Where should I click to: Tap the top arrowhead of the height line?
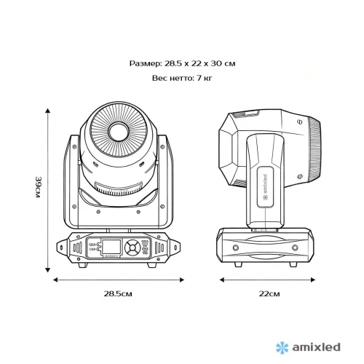tap(49, 109)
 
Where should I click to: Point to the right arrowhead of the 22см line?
tap(319, 279)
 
